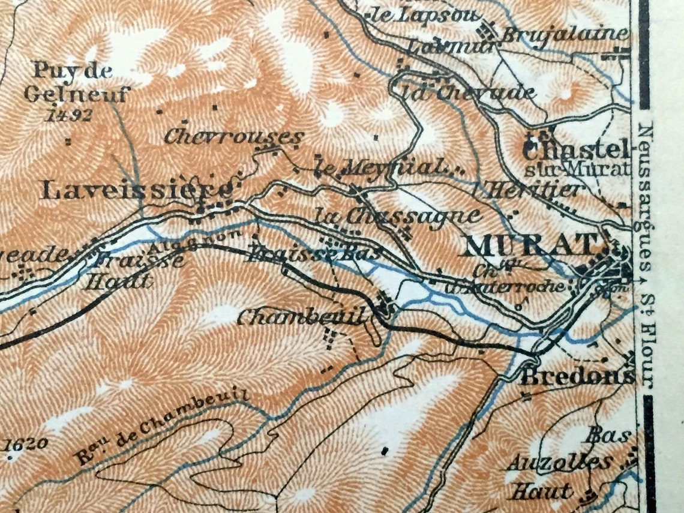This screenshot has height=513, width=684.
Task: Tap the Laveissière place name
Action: tap(136, 191)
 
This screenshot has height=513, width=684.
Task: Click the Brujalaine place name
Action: tap(565, 34)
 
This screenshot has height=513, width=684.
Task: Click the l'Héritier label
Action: tap(535, 190)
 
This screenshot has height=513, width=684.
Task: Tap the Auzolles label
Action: tap(559, 463)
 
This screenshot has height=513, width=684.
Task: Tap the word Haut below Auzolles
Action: tap(541, 492)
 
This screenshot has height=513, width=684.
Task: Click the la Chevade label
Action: tap(469, 93)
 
